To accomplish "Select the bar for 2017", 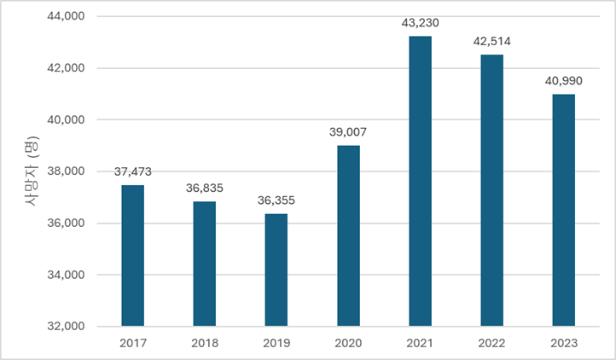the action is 133,255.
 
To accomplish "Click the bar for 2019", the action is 276,270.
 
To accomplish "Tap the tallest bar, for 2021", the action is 420,181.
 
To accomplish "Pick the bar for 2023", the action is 564,210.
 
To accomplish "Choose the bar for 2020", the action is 348,235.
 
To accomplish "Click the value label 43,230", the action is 420,23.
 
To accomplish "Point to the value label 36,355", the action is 276,200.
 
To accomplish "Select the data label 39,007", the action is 348,132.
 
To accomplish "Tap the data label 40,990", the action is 564,81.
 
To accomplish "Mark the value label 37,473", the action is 133,171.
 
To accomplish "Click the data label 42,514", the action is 491,41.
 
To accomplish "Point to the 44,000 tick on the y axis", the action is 66,16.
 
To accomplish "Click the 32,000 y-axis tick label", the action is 66,326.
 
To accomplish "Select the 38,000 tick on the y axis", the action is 66,171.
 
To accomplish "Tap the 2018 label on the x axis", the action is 205,343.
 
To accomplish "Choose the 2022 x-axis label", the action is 491,343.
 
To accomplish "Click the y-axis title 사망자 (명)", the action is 32,171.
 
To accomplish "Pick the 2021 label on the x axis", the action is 420,343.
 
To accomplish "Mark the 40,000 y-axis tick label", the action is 66,119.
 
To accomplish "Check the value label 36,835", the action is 205,189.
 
